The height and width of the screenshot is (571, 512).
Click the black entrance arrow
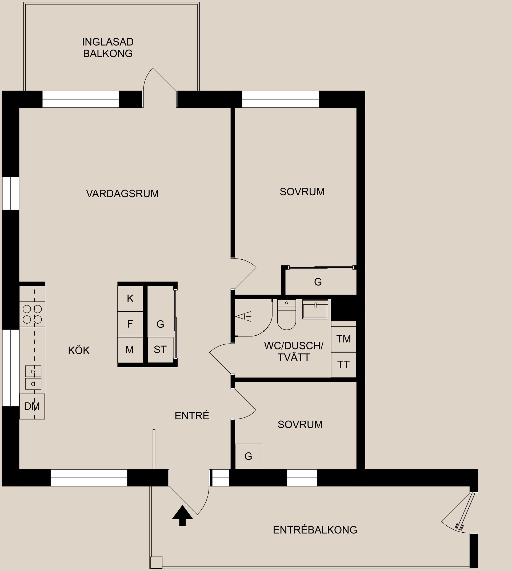pos(182,515)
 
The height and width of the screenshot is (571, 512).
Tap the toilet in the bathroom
pos(286,315)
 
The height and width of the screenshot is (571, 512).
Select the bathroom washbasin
pos(315,309)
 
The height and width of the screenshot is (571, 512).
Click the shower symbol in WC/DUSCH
pos(244,316)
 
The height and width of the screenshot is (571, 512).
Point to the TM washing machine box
pos(343,339)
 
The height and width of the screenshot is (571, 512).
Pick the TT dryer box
pos(343,365)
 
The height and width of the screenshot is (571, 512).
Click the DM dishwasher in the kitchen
pos(32,406)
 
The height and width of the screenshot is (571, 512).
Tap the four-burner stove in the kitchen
pos(32,314)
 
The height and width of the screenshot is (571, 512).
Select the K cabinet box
pos(130,299)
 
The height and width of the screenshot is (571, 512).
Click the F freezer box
pos(130,324)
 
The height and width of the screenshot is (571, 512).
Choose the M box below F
pos(130,350)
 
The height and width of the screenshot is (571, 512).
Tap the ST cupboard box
pos(160,350)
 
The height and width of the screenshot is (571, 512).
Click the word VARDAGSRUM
pos(122,194)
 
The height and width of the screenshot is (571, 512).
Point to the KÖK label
pos(79,351)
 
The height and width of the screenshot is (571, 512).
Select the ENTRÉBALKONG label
pos(315,530)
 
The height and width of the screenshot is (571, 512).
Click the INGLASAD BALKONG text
pos(108,48)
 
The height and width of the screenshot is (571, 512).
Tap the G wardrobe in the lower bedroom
pos(248,456)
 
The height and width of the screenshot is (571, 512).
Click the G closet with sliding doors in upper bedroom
pos(318,282)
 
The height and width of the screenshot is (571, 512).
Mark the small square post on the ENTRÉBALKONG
pos(157,562)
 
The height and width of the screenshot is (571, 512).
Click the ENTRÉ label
pos(192,416)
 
